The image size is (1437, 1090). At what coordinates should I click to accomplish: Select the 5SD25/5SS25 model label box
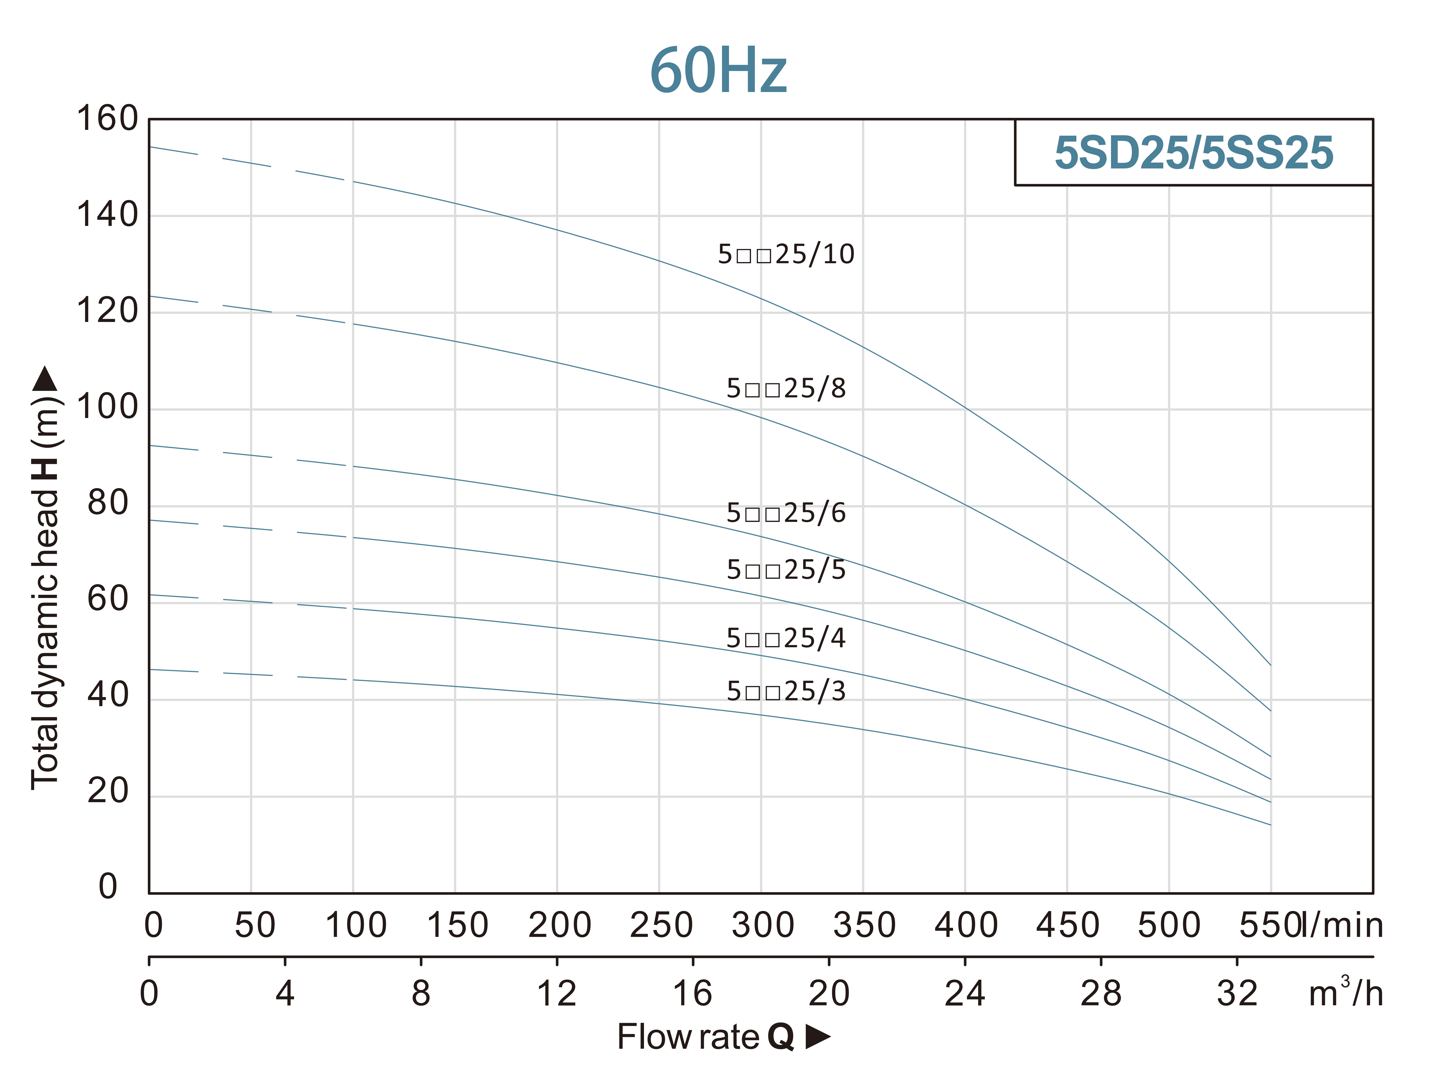pyautogui.click(x=1193, y=153)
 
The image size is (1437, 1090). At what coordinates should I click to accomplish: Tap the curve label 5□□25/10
pyautogui.click(x=786, y=254)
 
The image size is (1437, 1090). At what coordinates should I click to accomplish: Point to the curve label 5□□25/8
pyautogui.click(x=786, y=388)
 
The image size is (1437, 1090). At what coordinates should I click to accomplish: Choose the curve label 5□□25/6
pyautogui.click(x=786, y=513)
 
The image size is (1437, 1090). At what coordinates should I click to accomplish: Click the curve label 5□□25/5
pyautogui.click(x=786, y=570)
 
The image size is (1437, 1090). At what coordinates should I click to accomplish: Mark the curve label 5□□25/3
pyautogui.click(x=786, y=691)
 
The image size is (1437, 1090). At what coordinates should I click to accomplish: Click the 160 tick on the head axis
pyautogui.click(x=107, y=119)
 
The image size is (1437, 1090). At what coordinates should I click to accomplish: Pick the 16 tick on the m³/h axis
pyautogui.click(x=693, y=994)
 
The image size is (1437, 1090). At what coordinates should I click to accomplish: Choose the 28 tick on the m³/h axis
pyautogui.click(x=1101, y=994)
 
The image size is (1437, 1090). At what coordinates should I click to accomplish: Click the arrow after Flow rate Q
pyautogui.click(x=818, y=1037)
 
